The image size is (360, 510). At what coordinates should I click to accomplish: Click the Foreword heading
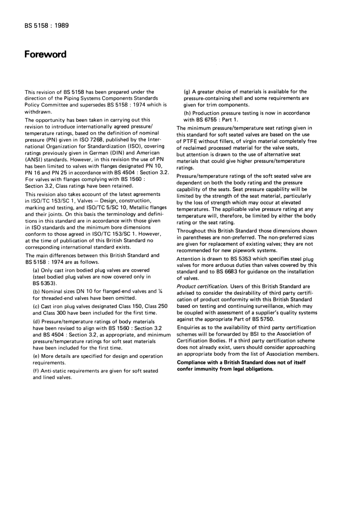click(45, 54)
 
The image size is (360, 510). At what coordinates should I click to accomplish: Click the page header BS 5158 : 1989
click(47, 26)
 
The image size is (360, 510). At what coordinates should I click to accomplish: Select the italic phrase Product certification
click(202, 286)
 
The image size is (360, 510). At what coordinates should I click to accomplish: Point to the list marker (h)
click(187, 113)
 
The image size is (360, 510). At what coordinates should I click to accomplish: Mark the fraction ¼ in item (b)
click(160, 291)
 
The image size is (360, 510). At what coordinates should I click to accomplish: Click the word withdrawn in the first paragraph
click(38, 112)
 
